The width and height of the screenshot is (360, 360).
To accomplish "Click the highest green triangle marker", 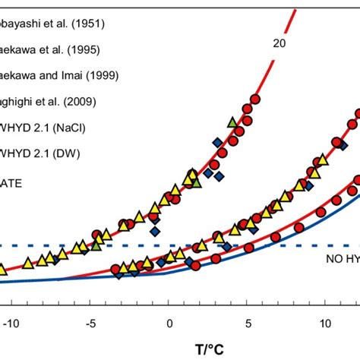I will pos(232,122).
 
